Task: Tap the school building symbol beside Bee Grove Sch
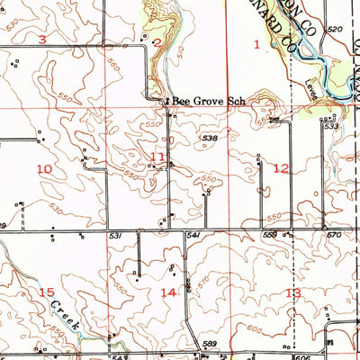coord(165,101)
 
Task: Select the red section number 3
coord(41,40)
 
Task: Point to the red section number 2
coord(157,42)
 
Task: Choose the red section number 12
coord(281,168)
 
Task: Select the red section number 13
coord(292,293)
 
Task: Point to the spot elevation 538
coord(211,138)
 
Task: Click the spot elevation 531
coord(115,235)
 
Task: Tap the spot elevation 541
coord(192,235)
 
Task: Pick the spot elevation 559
coord(268,235)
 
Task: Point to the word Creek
coord(65,314)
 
